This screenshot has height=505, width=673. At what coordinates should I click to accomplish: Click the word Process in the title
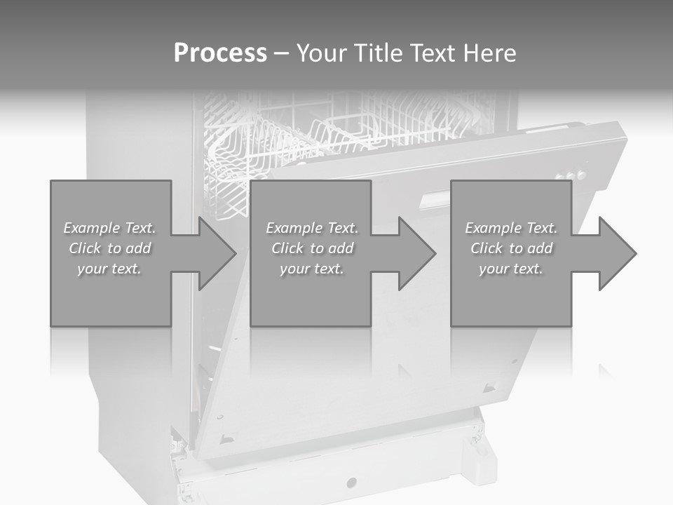tap(220, 53)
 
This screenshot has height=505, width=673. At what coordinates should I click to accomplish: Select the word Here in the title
tap(491, 53)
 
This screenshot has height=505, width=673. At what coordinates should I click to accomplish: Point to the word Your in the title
tap(322, 53)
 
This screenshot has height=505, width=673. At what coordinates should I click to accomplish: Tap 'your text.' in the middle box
tap(311, 269)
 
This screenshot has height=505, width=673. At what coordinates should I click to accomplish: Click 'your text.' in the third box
tap(510, 269)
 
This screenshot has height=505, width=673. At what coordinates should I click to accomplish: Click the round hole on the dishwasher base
tap(351, 483)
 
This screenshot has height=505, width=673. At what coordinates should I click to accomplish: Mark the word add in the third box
tap(540, 248)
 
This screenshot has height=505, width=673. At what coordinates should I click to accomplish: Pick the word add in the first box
tap(138, 248)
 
